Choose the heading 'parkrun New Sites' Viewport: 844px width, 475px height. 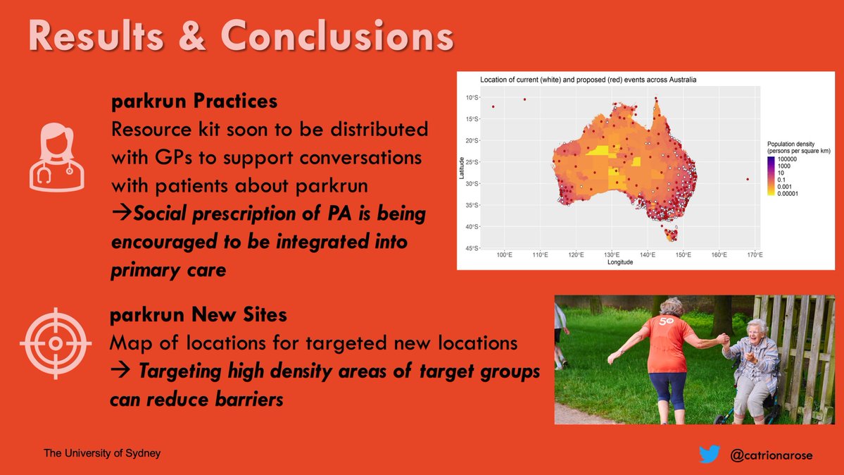[199, 315]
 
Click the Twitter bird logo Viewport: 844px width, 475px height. [709, 455]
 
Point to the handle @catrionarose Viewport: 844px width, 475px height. [771, 455]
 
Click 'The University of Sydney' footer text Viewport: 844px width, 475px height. [102, 452]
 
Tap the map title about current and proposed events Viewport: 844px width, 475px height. [588, 80]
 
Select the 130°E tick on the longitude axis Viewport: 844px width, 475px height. [611, 254]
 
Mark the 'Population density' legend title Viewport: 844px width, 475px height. [795, 144]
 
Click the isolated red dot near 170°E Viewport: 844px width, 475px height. [747, 179]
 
